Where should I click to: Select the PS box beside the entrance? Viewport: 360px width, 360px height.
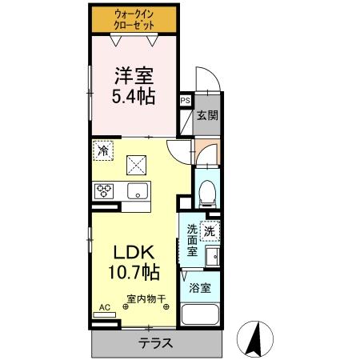pyautogui.click(x=186, y=101)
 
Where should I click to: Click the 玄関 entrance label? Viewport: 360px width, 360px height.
pyautogui.click(x=207, y=114)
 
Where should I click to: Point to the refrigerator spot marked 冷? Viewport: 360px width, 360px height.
pyautogui.click(x=103, y=149)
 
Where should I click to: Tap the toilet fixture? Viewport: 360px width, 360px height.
pyautogui.click(x=207, y=190)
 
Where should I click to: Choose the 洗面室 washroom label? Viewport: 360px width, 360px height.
pyautogui.click(x=192, y=240)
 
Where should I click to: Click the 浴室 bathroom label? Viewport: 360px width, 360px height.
pyautogui.click(x=200, y=289)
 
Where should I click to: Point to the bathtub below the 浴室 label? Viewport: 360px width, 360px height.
pyautogui.click(x=201, y=314)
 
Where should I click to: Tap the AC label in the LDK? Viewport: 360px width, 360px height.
pyautogui.click(x=104, y=307)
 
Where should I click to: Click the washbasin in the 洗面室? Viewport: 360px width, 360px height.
pyautogui.click(x=214, y=258)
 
